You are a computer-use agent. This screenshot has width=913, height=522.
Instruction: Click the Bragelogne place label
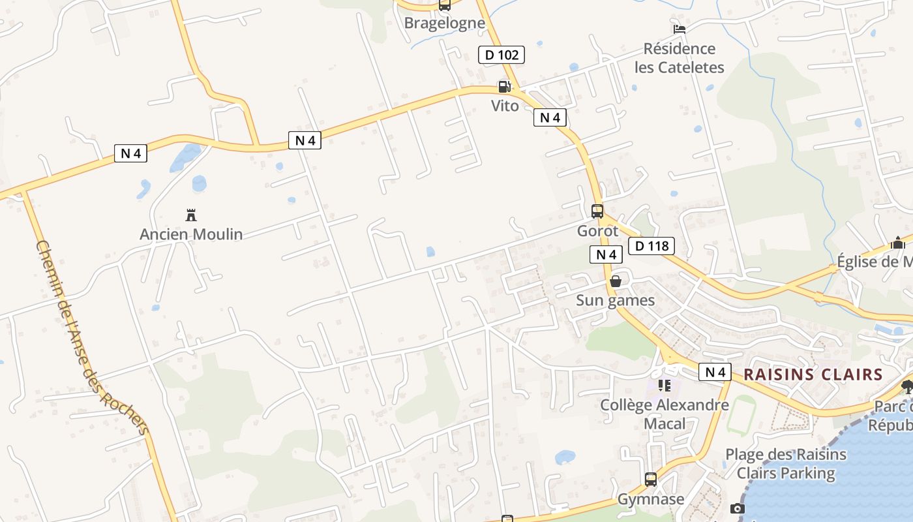[445, 23]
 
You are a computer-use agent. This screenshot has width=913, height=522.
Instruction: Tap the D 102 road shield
[501, 55]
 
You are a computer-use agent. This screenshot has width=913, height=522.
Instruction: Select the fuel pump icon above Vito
[504, 86]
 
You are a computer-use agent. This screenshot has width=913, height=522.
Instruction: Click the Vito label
[505, 106]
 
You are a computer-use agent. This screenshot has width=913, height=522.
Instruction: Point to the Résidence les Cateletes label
[679, 58]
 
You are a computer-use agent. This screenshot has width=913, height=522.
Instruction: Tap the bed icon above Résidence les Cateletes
[679, 29]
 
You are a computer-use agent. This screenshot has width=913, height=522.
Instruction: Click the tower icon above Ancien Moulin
[191, 215]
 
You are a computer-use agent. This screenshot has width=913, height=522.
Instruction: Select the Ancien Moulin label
[191, 234]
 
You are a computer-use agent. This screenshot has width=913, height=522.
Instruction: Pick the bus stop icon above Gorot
[597, 211]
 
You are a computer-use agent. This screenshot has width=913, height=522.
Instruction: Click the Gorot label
[597, 231]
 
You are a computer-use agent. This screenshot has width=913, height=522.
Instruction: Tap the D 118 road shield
[651, 246]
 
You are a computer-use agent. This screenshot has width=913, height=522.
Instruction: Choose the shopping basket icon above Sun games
[615, 281]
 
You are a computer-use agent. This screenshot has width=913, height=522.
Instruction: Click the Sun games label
[615, 300]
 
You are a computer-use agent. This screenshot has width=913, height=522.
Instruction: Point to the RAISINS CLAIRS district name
[813, 375]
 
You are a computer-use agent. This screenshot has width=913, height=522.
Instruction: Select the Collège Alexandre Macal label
[665, 414]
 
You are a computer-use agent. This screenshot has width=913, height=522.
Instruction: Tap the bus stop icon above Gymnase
[650, 480]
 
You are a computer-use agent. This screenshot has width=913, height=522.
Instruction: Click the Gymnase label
[650, 500]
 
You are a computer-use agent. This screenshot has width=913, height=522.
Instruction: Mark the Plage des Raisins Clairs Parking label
[786, 464]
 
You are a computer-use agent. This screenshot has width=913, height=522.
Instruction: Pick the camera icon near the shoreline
[738, 508]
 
